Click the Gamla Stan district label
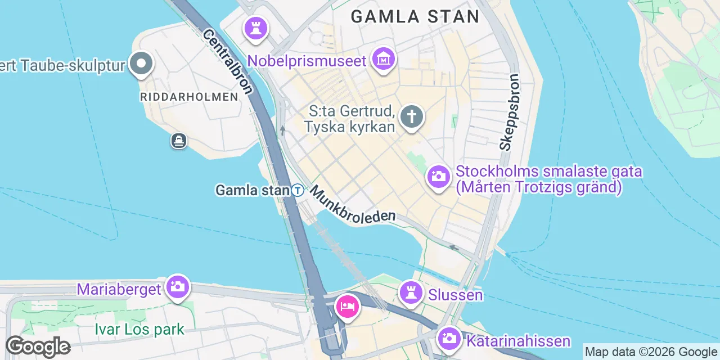point(415,16)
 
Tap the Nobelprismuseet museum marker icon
point(384,58)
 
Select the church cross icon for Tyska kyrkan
point(412,118)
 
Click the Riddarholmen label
point(189,97)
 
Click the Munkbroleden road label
point(353,203)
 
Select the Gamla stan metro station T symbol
point(298,191)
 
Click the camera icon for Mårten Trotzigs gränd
point(438,177)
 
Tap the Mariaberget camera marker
point(178,287)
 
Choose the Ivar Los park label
point(139,329)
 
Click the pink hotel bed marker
point(348,307)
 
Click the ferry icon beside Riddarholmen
point(179,141)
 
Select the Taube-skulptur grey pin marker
point(141,64)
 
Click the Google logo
point(38,346)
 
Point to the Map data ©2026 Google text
point(651,352)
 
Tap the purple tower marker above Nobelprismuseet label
point(256,27)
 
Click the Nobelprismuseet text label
point(307,60)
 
